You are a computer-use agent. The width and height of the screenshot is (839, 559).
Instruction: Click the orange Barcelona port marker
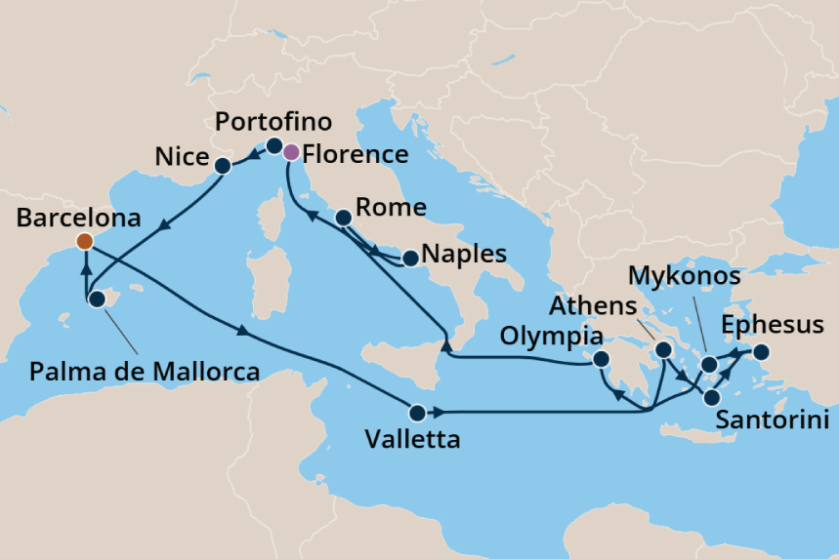point(85,241)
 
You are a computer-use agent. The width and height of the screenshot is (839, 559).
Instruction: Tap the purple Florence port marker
point(290,152)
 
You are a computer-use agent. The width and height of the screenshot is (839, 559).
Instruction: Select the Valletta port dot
point(418,412)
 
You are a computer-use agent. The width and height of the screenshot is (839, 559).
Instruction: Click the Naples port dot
point(410,259)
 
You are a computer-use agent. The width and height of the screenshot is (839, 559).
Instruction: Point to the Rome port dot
point(343,219)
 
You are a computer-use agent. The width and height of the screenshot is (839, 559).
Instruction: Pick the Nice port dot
point(224,166)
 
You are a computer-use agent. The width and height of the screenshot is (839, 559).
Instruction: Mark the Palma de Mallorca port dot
point(97,299)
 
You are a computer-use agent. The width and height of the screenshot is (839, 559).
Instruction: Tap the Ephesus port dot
point(760,352)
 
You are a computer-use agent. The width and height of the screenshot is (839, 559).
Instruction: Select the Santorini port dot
point(712,397)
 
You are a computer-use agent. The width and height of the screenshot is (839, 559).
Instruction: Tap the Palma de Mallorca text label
point(145,372)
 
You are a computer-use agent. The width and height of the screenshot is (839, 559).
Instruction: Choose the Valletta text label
point(412,440)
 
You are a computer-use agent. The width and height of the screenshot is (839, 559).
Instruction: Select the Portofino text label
point(273,122)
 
